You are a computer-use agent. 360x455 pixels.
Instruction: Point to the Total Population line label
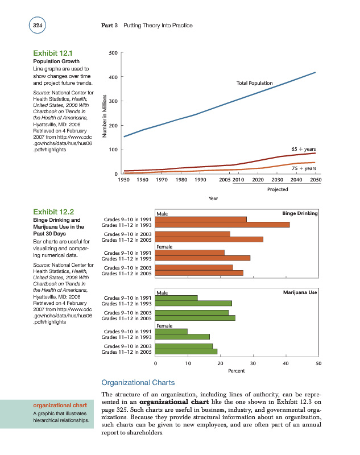coord(254,84)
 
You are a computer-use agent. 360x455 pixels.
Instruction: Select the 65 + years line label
coord(303,148)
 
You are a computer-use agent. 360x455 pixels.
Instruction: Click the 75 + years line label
coord(303,168)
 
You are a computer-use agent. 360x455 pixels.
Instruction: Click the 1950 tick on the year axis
coord(124,180)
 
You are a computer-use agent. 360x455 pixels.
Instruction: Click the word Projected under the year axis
coord(277,190)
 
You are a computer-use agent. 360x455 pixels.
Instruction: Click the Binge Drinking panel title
coord(299,213)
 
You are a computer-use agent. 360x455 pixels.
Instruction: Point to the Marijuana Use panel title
coord(300,292)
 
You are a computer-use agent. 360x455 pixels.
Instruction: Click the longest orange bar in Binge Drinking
coord(222,225)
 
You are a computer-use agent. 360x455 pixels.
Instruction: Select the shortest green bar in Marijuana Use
coord(171,331)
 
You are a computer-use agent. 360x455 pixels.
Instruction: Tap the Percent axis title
coord(236,370)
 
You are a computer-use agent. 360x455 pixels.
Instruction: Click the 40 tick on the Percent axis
coord(285,362)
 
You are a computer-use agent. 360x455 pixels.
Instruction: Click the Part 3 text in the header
coord(109,25)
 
